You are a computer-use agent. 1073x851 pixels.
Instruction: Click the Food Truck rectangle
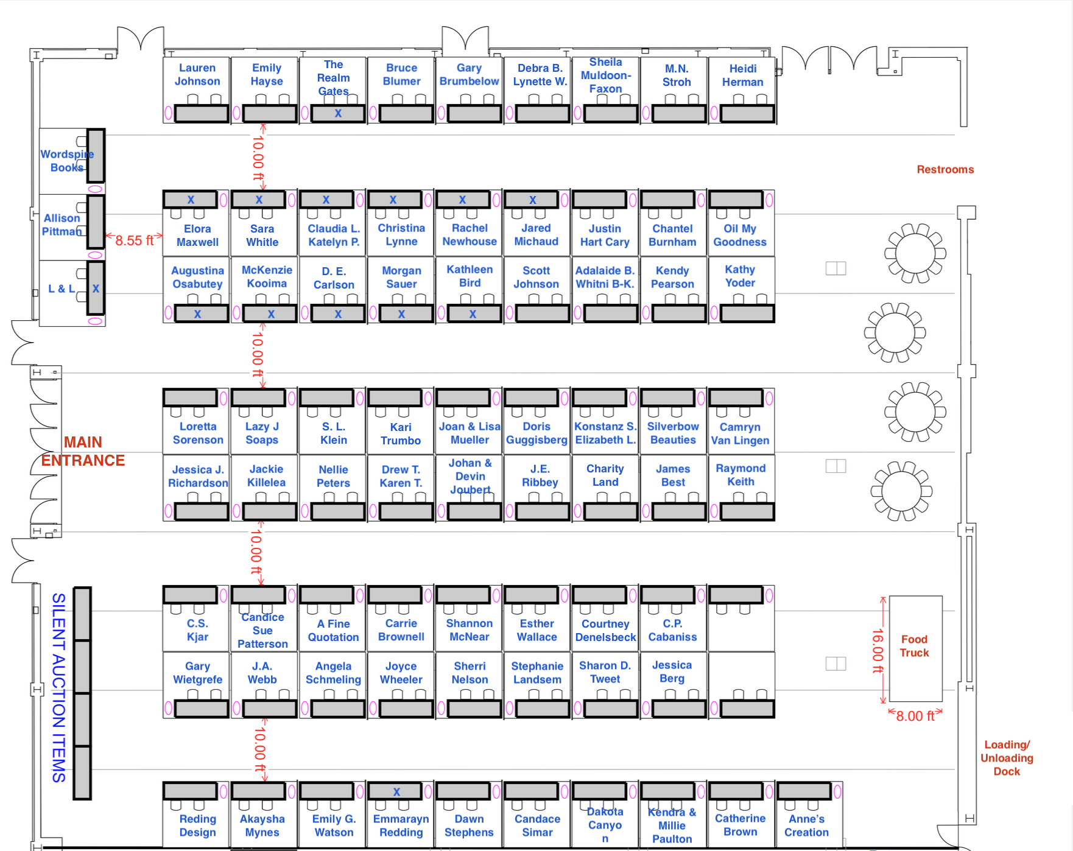click(915, 648)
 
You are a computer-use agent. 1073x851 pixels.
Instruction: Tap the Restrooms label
click(945, 170)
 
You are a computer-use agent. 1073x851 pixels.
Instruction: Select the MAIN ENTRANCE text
click(83, 451)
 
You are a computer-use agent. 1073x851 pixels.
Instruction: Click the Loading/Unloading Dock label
click(1007, 758)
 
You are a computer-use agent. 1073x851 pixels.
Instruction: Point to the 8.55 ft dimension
click(134, 240)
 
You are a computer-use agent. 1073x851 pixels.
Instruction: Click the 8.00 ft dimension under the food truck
click(915, 716)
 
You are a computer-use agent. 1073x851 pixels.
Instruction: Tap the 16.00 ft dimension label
click(878, 651)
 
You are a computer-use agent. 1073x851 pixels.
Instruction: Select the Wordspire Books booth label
click(67, 161)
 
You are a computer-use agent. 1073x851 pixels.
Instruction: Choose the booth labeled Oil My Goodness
click(740, 235)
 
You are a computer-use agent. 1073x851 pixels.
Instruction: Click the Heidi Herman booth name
click(742, 75)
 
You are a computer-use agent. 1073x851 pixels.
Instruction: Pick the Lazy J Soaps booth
click(262, 433)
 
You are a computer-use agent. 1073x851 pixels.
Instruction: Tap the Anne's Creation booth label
click(806, 825)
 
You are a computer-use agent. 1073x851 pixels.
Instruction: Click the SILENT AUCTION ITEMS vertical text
click(58, 688)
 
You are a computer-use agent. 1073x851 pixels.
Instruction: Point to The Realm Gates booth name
click(333, 78)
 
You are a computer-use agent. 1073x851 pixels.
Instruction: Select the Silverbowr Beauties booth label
click(673, 433)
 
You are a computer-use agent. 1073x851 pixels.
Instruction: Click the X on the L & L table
click(96, 289)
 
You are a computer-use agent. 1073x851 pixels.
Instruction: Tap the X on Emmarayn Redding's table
click(396, 792)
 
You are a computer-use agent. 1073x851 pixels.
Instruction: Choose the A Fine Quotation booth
click(333, 631)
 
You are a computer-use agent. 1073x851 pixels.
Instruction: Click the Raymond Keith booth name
click(741, 475)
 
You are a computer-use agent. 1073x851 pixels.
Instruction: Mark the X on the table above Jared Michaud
click(533, 200)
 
